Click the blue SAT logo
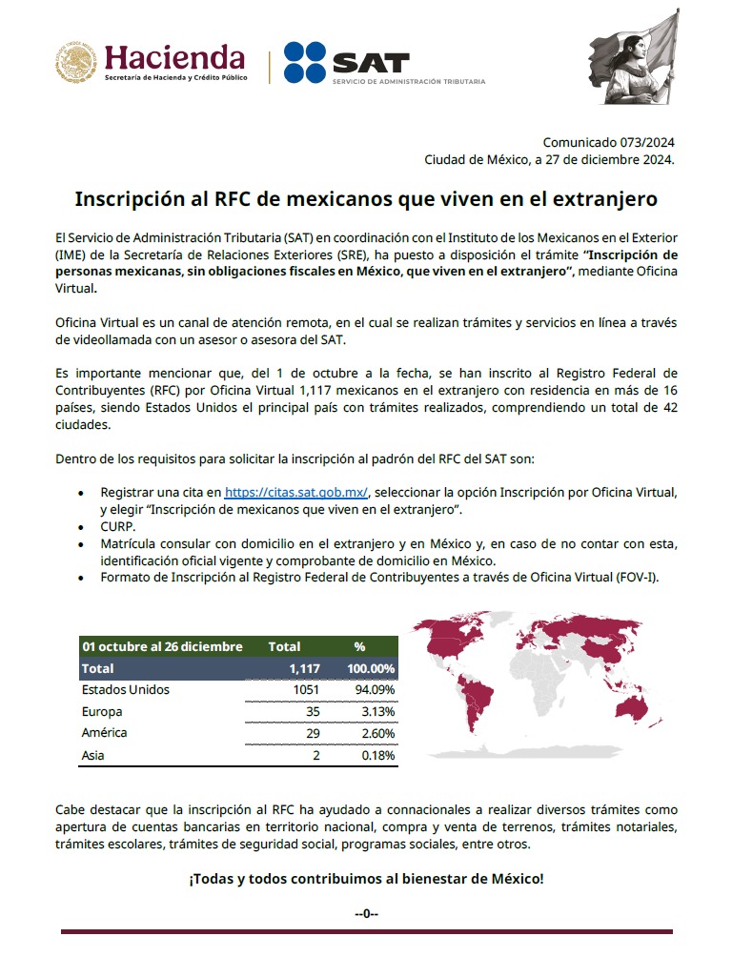click(x=347, y=63)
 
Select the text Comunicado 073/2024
click(x=608, y=142)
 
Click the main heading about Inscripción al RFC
click(x=366, y=200)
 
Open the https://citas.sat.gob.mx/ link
click(x=296, y=493)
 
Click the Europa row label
click(x=103, y=712)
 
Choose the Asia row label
click(x=93, y=756)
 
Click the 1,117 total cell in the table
click(x=304, y=668)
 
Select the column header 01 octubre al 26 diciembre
click(x=162, y=646)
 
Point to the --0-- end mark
click(x=366, y=913)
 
